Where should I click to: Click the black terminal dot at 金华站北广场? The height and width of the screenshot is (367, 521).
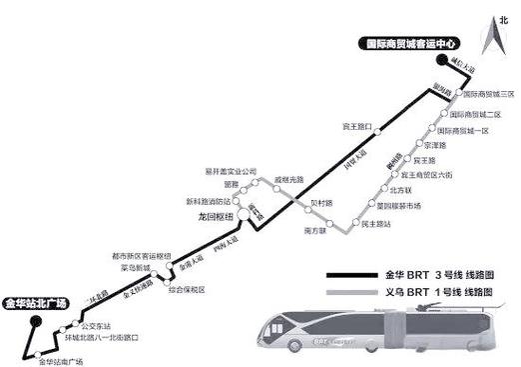click(35, 321)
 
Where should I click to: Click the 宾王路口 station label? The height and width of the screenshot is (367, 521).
click(355, 128)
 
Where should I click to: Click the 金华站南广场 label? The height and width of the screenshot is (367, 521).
click(62, 360)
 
